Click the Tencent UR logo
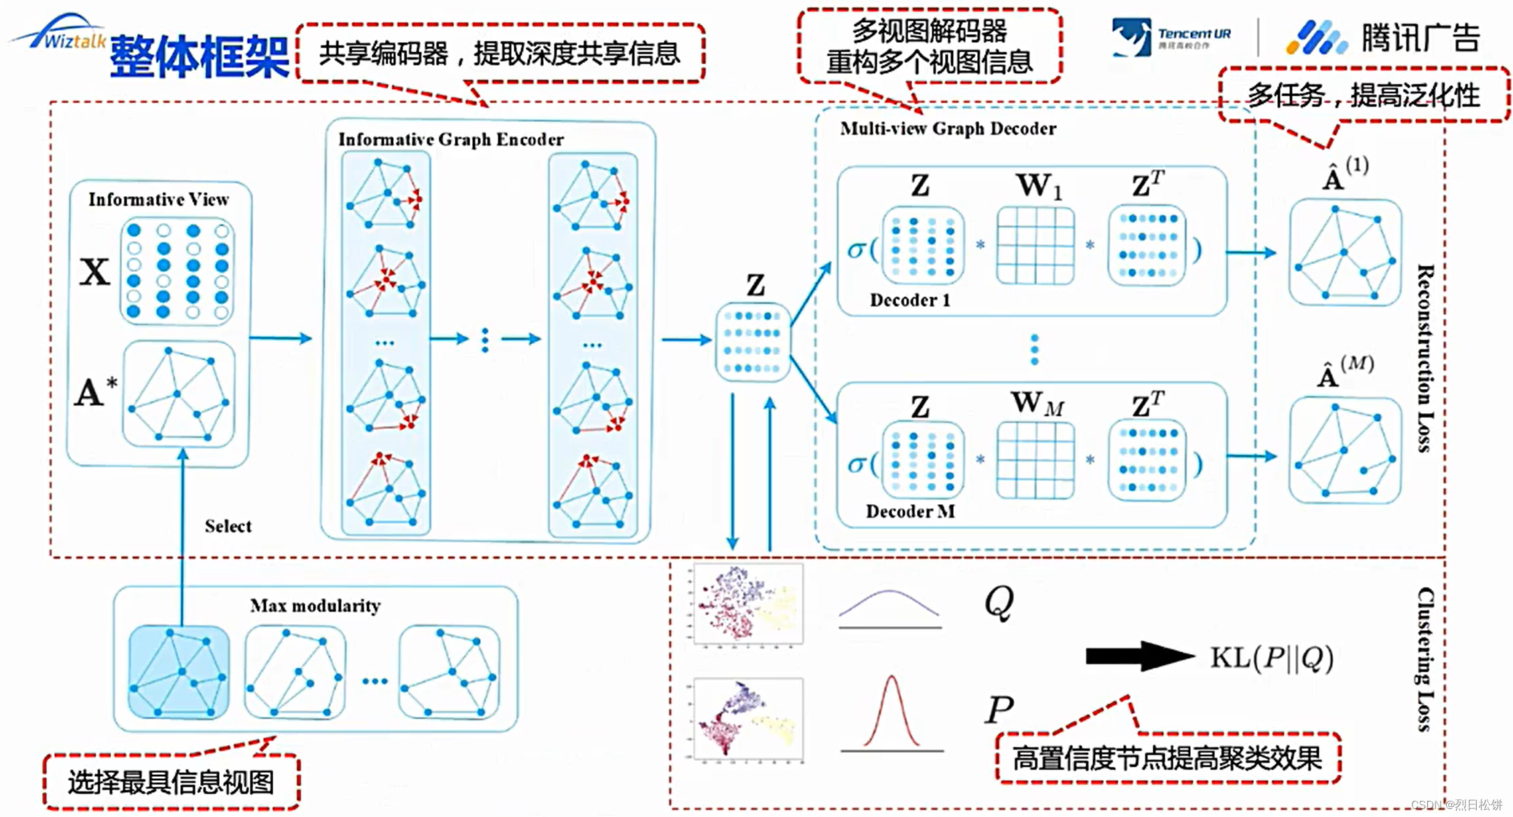coord(1171,37)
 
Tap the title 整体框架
coord(199,56)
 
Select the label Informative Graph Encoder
coord(451,139)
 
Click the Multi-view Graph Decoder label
coord(948,129)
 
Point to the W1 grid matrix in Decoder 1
coord(1035,245)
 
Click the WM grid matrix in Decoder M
coord(1035,459)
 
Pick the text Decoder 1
coord(910,300)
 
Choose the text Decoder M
coord(910,512)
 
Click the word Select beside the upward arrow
coord(228,526)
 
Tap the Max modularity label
coord(315,606)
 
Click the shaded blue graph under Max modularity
coord(179,672)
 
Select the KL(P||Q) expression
coord(1271,658)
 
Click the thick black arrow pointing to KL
coord(1139,656)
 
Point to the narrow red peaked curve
coord(891,714)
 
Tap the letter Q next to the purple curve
coord(999,603)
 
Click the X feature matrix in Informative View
coord(177,271)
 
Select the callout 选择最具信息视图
coord(171,782)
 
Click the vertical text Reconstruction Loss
coord(1425,358)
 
